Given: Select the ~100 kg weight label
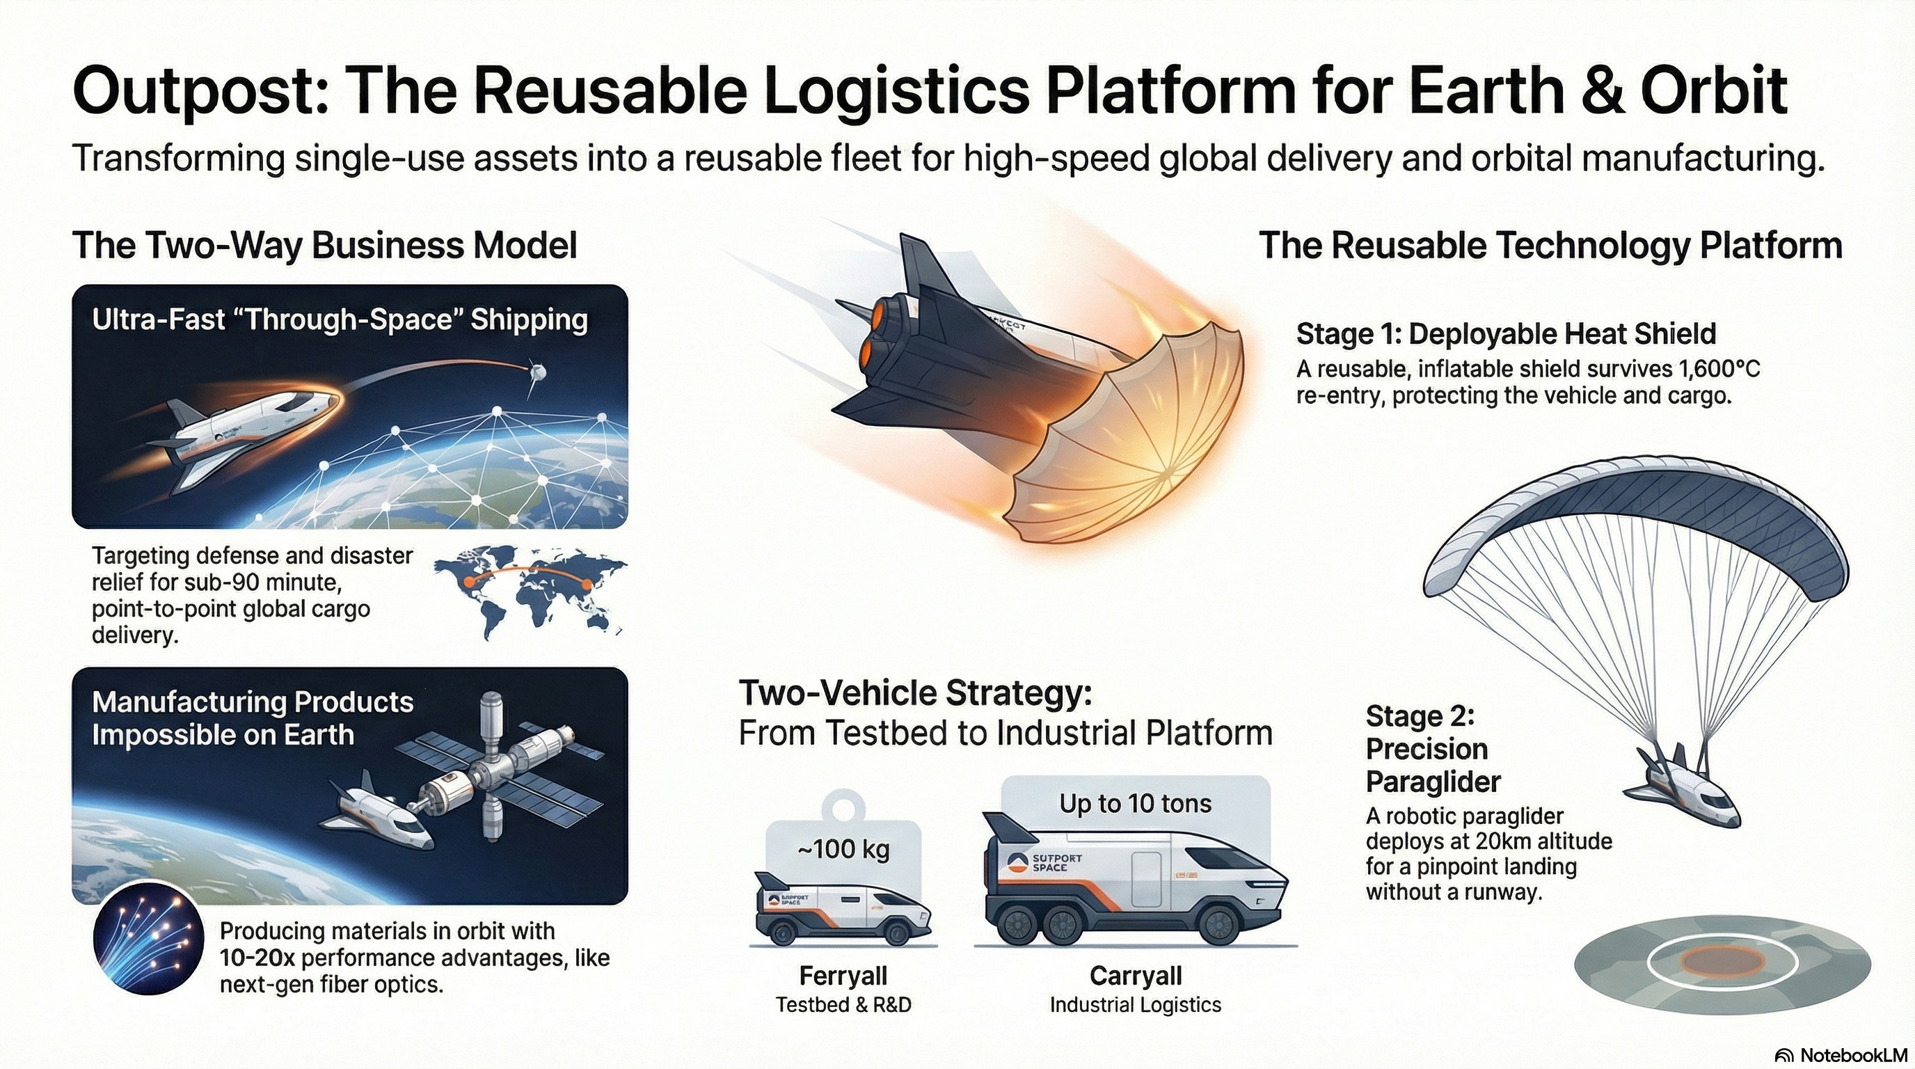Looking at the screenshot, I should [x=843, y=849].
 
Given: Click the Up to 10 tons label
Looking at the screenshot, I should [x=1135, y=803].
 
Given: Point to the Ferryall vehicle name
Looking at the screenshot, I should [x=843, y=974].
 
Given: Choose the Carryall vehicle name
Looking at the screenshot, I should [x=1135, y=974].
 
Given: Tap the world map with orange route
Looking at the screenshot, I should [x=530, y=589].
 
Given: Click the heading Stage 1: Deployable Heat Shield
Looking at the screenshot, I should [x=1505, y=334].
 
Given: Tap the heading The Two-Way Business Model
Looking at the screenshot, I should [x=324, y=245].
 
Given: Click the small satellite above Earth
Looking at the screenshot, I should [x=537, y=370].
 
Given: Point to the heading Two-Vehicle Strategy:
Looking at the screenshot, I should [x=915, y=693].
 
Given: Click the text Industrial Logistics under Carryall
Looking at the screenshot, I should [x=1135, y=1005].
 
